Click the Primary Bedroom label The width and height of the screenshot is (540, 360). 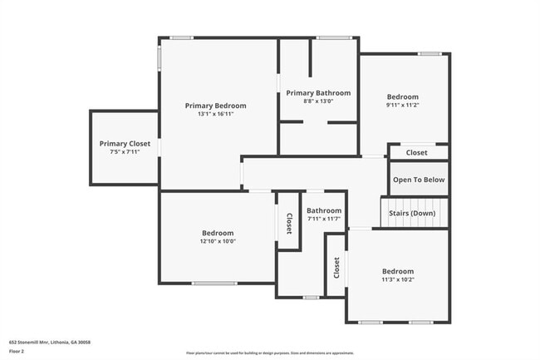pyautogui.click(x=215, y=106)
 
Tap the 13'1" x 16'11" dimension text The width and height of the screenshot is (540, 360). pyautogui.click(x=215, y=115)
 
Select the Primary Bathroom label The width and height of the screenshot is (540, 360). pyautogui.click(x=318, y=93)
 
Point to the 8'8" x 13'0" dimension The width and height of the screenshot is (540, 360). pyautogui.click(x=318, y=101)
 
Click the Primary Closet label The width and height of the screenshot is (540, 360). pyautogui.click(x=125, y=144)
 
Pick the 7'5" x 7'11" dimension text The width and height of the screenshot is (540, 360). pyautogui.click(x=125, y=152)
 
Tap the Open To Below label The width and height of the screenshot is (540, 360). pyautogui.click(x=419, y=180)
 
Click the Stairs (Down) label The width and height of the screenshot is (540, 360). pyautogui.click(x=412, y=214)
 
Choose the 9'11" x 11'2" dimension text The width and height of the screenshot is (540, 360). pyautogui.click(x=402, y=106)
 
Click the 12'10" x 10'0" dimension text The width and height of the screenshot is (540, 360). pyautogui.click(x=218, y=242)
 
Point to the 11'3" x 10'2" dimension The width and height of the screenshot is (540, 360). pyautogui.click(x=397, y=280)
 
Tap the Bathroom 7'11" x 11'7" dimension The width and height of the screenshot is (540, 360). pyautogui.click(x=323, y=219)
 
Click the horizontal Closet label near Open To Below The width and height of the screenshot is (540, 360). pyautogui.click(x=416, y=153)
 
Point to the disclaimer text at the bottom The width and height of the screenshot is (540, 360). pyautogui.click(x=270, y=353)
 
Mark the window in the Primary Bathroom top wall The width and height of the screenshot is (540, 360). pyautogui.click(x=332, y=37)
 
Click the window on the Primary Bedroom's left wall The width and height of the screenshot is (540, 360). pyautogui.click(x=159, y=58)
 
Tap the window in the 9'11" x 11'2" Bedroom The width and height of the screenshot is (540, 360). pyautogui.click(x=430, y=54)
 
